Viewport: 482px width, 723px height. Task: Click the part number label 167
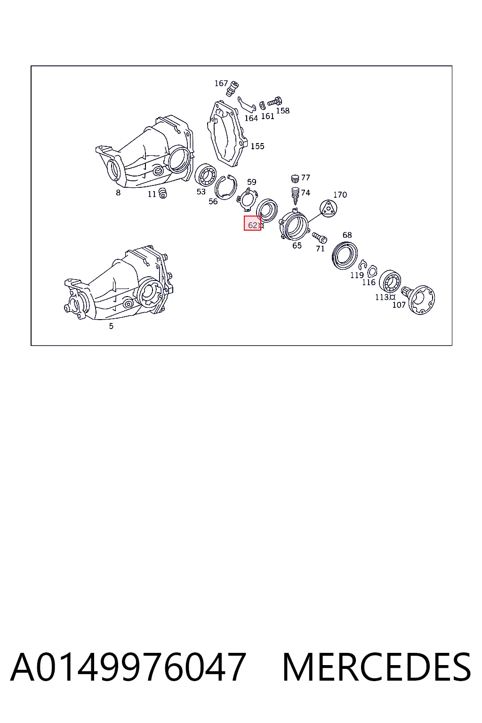221,83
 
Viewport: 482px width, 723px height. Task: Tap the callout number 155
257,146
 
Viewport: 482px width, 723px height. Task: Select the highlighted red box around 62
252,223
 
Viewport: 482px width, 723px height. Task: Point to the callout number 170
340,194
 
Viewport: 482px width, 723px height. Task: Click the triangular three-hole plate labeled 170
329,208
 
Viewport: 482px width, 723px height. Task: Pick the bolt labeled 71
320,238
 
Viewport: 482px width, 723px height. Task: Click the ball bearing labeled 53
206,175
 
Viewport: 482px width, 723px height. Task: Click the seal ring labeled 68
345,255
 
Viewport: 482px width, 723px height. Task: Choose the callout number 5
111,326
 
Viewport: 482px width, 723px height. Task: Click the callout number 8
118,193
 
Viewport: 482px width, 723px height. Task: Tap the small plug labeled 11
163,193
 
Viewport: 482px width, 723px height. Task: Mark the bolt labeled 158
275,101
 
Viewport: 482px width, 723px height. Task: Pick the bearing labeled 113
390,281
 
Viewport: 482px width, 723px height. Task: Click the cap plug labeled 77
295,178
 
